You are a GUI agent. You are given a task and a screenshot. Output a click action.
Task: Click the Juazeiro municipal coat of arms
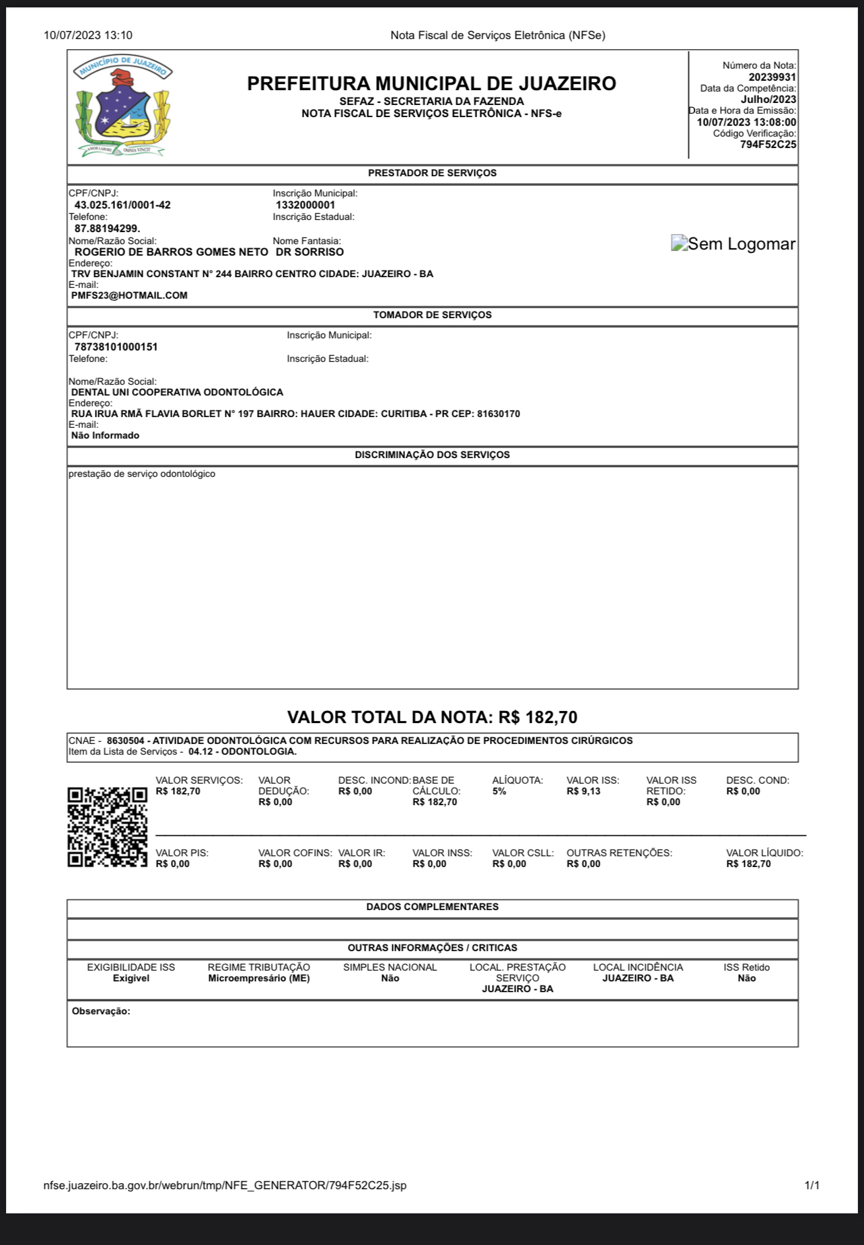123,106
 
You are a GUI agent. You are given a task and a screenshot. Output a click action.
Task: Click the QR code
107,827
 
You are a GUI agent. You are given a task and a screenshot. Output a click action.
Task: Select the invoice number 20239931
772,77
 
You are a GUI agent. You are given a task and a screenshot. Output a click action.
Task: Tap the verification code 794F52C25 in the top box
768,145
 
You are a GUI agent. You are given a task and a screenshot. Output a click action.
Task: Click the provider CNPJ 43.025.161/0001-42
122,205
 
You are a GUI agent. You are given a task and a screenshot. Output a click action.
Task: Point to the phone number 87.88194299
107,229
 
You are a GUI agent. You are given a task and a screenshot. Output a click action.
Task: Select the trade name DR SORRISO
310,252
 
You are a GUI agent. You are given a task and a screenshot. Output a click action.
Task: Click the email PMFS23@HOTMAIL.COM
129,295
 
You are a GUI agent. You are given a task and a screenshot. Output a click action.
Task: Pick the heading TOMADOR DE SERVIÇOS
432,315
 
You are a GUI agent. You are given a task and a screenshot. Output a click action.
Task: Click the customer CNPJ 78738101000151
116,347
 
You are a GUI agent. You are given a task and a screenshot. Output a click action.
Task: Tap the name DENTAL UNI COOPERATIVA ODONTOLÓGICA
177,392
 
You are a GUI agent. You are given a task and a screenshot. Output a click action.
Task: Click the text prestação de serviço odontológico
142,474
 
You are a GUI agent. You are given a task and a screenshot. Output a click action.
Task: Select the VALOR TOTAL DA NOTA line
432,717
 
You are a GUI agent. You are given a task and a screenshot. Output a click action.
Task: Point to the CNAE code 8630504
125,741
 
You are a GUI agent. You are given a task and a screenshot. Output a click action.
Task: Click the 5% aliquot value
499,792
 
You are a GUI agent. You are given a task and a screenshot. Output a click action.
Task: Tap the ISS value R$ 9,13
583,792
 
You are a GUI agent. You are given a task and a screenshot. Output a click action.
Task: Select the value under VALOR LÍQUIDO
748,864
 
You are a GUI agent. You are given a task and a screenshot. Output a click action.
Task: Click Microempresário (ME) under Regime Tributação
259,979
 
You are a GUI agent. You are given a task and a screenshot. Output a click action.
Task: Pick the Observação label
101,1012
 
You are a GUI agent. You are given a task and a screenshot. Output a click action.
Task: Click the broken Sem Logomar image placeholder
733,244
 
